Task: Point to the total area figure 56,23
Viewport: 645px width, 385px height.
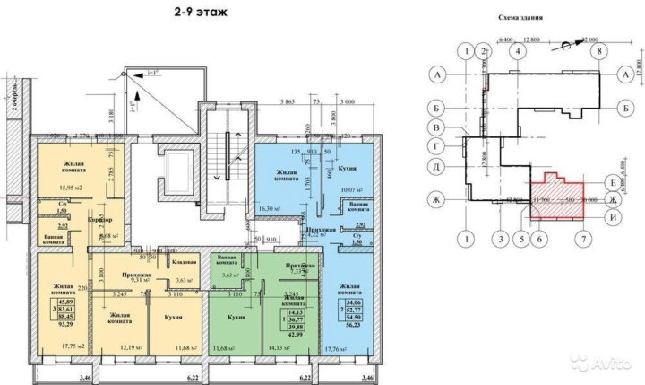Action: (x=355, y=327)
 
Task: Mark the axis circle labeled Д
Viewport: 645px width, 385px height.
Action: (x=439, y=166)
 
